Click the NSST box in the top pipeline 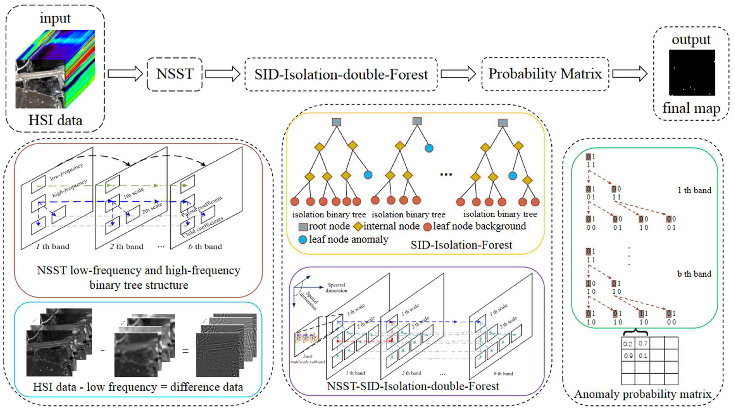pyautogui.click(x=175, y=74)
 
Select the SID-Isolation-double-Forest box pyautogui.click(x=341, y=74)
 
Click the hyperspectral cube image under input pyautogui.click(x=55, y=69)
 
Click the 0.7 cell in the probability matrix pyautogui.click(x=643, y=343)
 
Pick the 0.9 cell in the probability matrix pyautogui.click(x=628, y=356)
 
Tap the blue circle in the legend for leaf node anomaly pyautogui.click(x=302, y=239)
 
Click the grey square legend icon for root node pyautogui.click(x=303, y=227)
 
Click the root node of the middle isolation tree pyautogui.click(x=417, y=121)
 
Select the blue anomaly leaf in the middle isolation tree pyautogui.click(x=429, y=148)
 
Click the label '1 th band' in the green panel pyautogui.click(x=694, y=190)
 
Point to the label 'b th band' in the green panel pyautogui.click(x=694, y=274)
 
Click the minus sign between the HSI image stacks pyautogui.click(x=103, y=350)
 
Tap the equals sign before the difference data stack pyautogui.click(x=186, y=351)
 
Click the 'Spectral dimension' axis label pyautogui.click(x=336, y=288)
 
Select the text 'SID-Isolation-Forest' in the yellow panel pyautogui.click(x=461, y=245)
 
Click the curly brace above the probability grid pyautogui.click(x=635, y=332)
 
